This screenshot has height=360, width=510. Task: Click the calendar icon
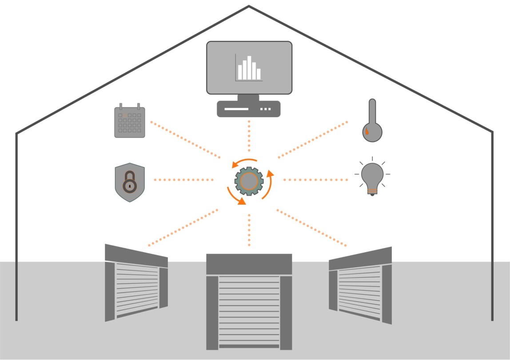[x=130, y=121]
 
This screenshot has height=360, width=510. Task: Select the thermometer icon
[x=372, y=122]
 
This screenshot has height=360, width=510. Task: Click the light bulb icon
[x=372, y=177]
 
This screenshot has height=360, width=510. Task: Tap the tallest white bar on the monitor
[x=249, y=67]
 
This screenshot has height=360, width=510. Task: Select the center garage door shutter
[x=249, y=311]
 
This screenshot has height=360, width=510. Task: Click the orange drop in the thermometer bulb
[x=367, y=131]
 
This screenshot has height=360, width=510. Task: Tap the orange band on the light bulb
[x=372, y=191]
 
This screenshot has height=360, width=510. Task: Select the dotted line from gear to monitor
[x=249, y=138]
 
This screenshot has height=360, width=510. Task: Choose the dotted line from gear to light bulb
[x=315, y=180]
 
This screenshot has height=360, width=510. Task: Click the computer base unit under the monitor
[x=249, y=109]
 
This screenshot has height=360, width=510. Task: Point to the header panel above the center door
[x=249, y=264]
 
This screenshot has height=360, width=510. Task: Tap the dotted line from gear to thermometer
[x=313, y=139]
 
